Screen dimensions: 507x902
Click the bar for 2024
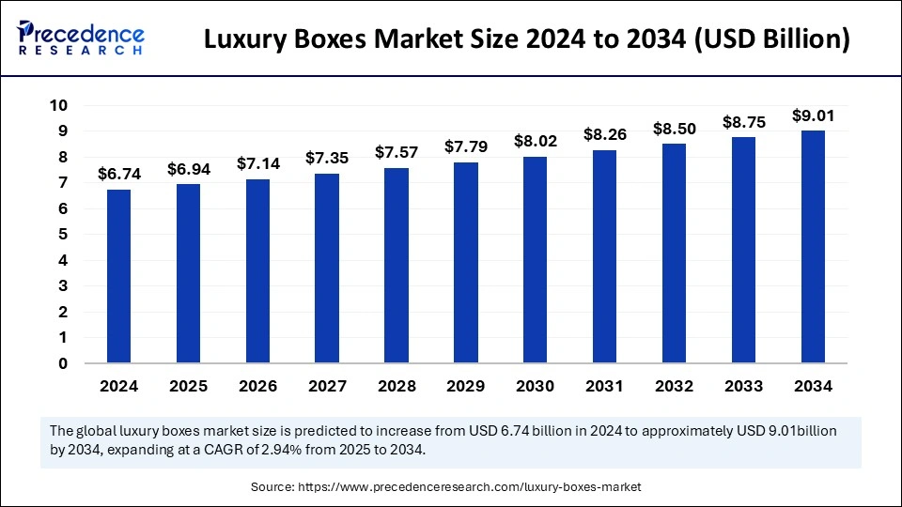coord(119,276)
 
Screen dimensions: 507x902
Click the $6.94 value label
coord(188,169)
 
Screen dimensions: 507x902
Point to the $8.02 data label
coord(536,141)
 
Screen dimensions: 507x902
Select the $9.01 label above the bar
coord(813,115)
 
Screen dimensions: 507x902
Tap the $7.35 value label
coord(327,159)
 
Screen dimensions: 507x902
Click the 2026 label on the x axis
coord(257,386)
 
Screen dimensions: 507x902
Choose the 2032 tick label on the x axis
coord(674,386)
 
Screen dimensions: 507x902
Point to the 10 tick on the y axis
coord(59,105)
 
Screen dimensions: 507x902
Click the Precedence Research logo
coord(80,38)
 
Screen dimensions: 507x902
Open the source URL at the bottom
coord(469,487)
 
